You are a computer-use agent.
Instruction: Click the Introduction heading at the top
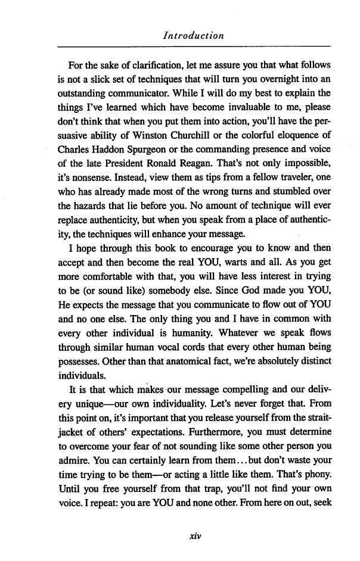[193, 36]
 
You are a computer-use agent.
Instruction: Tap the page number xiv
[193, 535]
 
